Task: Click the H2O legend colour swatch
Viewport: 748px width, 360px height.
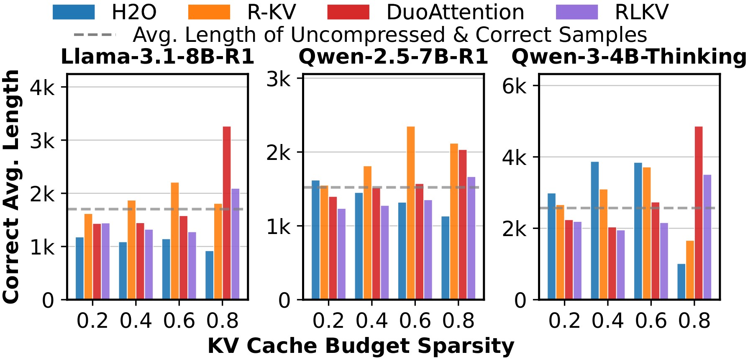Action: (74, 12)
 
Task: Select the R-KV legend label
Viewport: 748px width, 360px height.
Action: (272, 12)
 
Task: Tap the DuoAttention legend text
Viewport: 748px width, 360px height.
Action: (455, 12)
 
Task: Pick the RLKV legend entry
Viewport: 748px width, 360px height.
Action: (641, 12)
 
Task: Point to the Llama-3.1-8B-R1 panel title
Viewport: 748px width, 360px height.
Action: (157, 57)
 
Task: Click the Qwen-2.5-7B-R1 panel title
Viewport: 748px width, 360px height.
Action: (393, 57)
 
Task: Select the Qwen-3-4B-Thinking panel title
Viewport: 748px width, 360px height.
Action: (628, 57)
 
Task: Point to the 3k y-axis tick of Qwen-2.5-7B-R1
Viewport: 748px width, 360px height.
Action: (279, 78)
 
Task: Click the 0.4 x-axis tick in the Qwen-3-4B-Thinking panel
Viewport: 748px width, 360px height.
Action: (608, 321)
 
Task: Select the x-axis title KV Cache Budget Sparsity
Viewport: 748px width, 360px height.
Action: (361, 346)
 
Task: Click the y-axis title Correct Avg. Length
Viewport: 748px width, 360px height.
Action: (11, 186)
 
